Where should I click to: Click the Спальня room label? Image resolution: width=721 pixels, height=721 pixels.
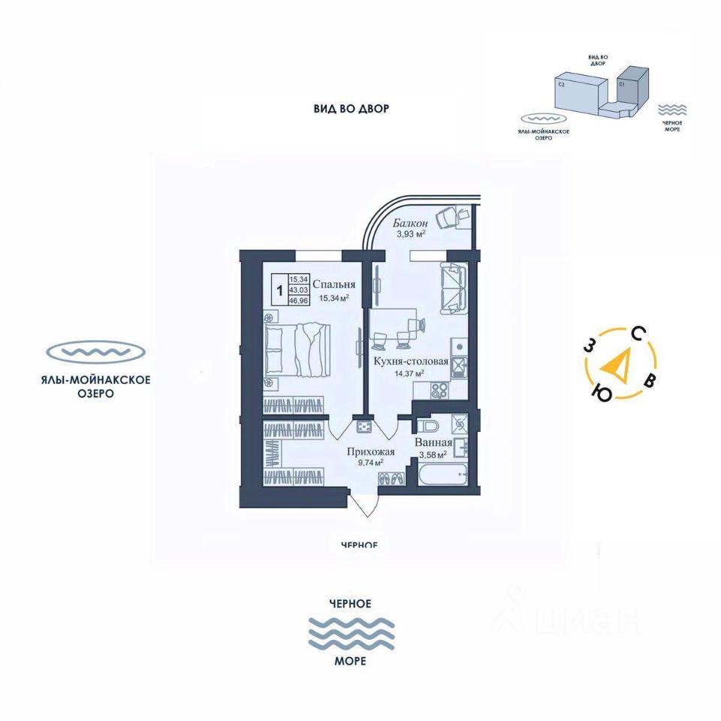point(333,285)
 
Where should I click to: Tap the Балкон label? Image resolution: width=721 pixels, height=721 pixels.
point(411,223)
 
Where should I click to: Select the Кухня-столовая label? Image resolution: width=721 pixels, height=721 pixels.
point(410,361)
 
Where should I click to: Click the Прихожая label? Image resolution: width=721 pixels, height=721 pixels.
point(370,452)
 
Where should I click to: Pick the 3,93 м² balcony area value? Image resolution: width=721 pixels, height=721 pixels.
point(412,234)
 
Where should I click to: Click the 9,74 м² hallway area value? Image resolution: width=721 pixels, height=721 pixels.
point(370,463)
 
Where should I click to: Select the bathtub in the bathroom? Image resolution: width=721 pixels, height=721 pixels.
point(442,475)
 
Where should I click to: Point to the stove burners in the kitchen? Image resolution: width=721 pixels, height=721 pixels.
point(439,391)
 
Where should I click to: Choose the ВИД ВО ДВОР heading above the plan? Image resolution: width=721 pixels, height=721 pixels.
point(351,109)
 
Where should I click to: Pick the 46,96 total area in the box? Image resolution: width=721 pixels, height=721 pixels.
point(299,300)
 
